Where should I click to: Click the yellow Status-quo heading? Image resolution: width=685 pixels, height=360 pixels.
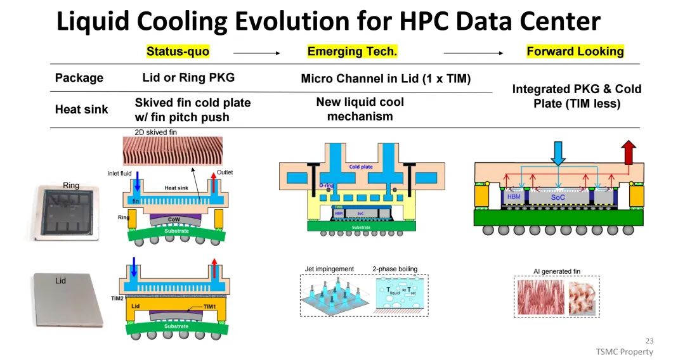[x=178, y=51]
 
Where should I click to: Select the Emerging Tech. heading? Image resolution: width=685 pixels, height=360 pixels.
[x=352, y=51]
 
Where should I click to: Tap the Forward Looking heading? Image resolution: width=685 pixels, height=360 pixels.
[x=575, y=51]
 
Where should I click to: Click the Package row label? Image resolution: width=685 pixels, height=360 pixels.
[x=79, y=78]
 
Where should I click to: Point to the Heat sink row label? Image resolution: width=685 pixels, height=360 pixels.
[x=81, y=110]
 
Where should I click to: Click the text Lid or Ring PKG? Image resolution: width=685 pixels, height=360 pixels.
[x=188, y=78]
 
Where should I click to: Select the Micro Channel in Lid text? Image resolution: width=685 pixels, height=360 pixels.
[x=386, y=79]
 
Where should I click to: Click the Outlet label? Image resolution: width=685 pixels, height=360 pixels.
[x=225, y=172]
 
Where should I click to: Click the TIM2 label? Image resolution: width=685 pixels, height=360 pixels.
[x=117, y=297]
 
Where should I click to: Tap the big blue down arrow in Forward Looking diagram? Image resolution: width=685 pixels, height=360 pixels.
[x=558, y=153]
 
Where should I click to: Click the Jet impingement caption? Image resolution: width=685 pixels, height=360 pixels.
[x=330, y=269]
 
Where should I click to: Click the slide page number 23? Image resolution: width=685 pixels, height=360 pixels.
[x=648, y=340]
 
